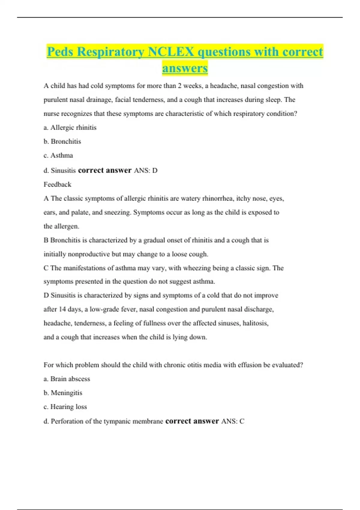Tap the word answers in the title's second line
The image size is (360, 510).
coord(185,68)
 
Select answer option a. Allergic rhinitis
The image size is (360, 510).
coord(70,127)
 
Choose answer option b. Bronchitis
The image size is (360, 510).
coord(62,141)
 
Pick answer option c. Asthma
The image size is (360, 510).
coord(58,155)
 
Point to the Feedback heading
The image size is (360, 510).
coord(57,184)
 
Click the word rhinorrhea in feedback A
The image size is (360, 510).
coord(218,198)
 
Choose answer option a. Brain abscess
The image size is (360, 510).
coord(67,379)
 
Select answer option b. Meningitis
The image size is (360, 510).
coord(63,393)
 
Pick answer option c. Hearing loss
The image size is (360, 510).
coord(65,407)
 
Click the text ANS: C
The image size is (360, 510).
coord(233,421)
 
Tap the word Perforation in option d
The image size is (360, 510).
coord(67,421)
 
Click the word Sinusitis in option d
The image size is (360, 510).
coord(63,171)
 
